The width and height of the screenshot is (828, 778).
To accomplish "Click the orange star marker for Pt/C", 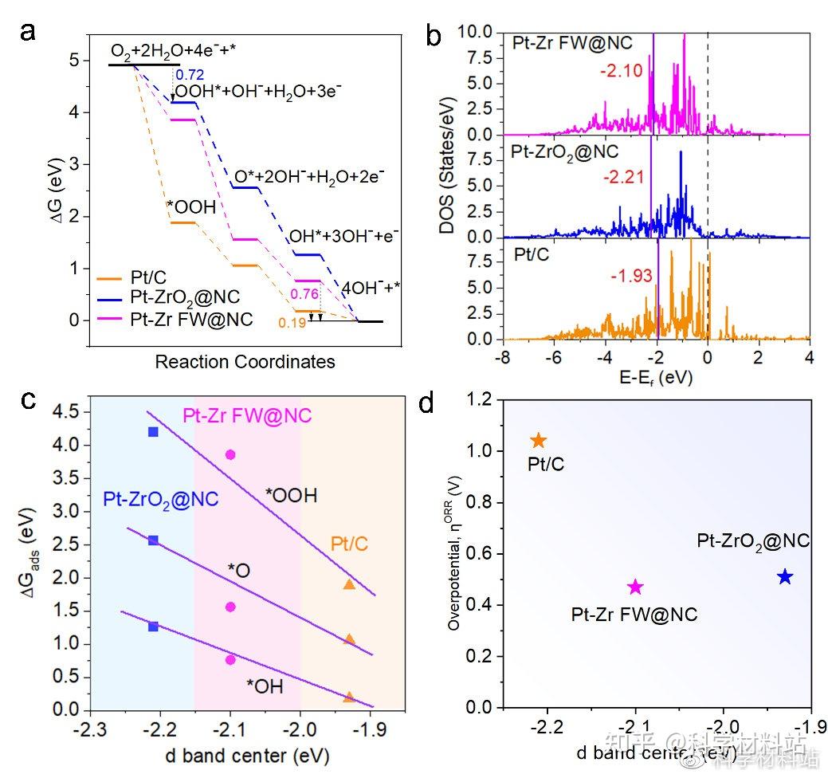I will (x=539, y=441).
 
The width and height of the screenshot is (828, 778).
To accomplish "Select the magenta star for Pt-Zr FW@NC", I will (x=635, y=587).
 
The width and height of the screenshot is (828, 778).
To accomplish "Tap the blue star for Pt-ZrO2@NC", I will (x=785, y=576).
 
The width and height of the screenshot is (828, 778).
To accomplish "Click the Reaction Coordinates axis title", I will (x=245, y=361).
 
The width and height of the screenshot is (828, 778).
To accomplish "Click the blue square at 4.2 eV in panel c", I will (x=153, y=431).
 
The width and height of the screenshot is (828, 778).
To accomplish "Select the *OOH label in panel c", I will (x=292, y=496).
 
